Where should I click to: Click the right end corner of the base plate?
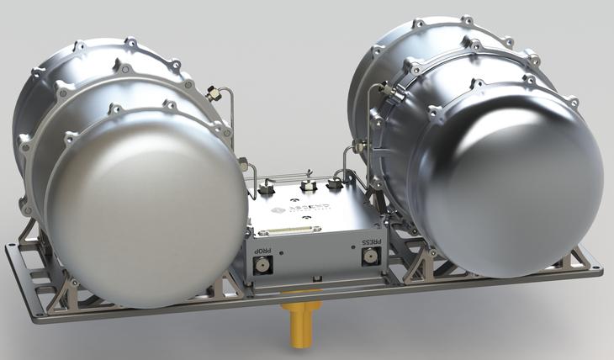point(601,271)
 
